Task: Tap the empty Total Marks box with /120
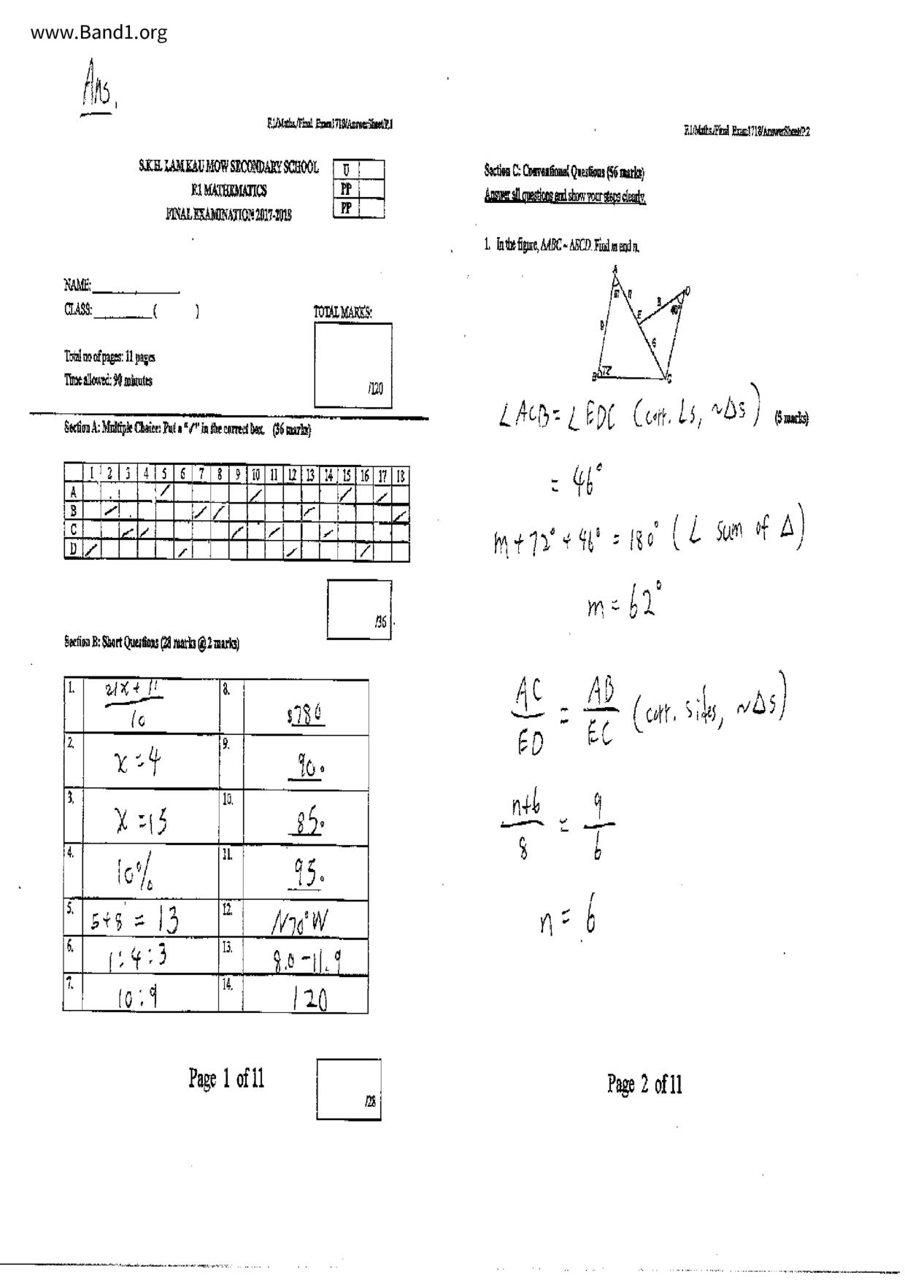click(x=353, y=365)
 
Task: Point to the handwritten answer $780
click(x=306, y=714)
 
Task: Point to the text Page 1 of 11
click(x=226, y=1078)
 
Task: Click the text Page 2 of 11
click(x=644, y=1084)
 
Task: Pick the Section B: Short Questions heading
click(x=151, y=643)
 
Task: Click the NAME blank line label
click(x=77, y=285)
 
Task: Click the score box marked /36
click(x=359, y=609)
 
